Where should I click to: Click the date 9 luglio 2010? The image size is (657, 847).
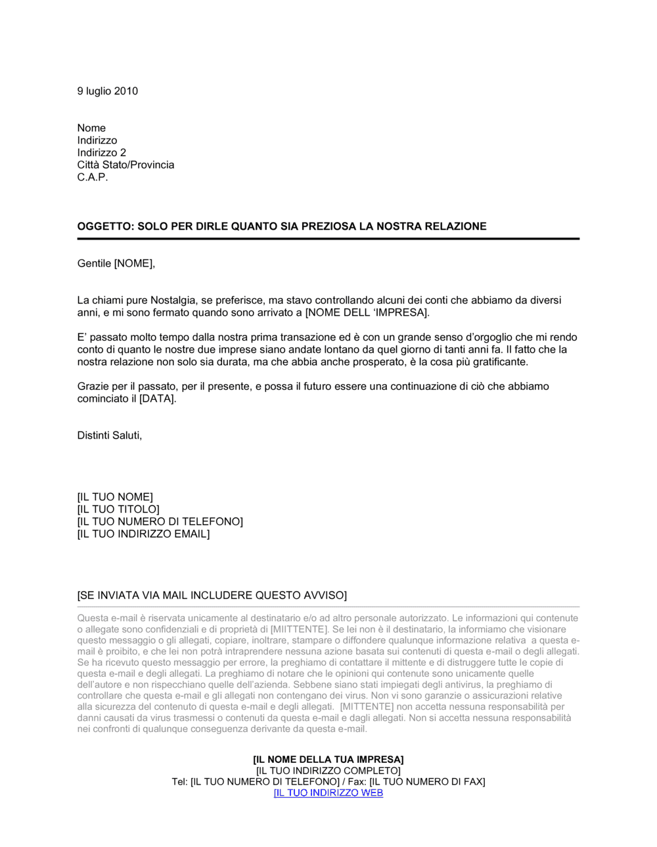click(107, 91)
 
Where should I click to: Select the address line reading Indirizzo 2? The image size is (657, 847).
click(101, 153)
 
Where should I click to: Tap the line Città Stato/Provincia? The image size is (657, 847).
click(125, 165)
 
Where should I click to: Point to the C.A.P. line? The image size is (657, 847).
click(92, 177)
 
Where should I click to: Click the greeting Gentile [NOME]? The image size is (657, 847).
click(116, 264)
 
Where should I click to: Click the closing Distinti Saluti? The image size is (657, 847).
click(110, 435)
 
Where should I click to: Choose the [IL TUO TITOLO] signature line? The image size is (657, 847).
click(118, 510)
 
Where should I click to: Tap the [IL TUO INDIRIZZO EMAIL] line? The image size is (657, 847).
click(143, 534)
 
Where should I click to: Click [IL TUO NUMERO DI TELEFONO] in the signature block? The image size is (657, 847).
click(160, 521)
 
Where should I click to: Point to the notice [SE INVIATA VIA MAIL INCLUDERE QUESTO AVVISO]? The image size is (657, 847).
click(212, 596)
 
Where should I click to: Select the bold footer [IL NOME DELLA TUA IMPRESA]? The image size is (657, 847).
click(328, 760)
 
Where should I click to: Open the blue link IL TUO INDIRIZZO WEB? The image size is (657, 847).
click(328, 793)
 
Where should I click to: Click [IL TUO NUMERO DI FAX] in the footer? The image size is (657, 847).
click(427, 781)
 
